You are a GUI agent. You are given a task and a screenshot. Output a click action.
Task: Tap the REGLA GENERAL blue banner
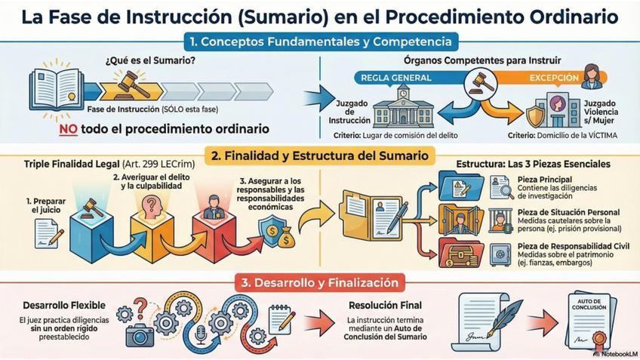396,78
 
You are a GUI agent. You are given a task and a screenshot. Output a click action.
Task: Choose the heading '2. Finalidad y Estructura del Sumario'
320,156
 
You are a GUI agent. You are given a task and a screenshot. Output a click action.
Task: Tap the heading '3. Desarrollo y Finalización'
320,283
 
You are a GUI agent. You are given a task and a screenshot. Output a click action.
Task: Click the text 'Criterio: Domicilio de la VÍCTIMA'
562,137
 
